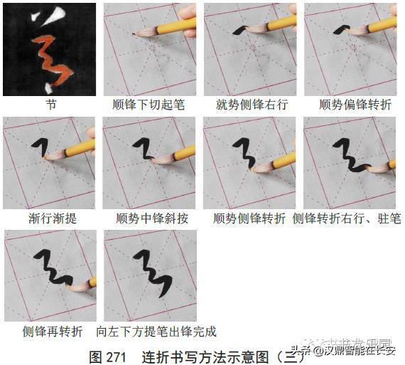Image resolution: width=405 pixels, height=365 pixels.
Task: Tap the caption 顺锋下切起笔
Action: tap(149, 104)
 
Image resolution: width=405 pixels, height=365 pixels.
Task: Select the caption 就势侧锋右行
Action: tap(252, 104)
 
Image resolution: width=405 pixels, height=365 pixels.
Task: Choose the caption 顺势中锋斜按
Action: tap(151, 218)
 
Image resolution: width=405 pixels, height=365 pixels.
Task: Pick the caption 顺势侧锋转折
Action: tap(250, 218)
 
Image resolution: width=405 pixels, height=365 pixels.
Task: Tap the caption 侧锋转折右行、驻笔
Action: tap(347, 218)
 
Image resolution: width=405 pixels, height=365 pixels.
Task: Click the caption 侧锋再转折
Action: tap(52, 331)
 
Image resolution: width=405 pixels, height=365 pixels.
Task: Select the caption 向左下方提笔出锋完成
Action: tap(156, 331)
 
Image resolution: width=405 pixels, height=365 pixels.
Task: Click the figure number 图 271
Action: tap(107, 356)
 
